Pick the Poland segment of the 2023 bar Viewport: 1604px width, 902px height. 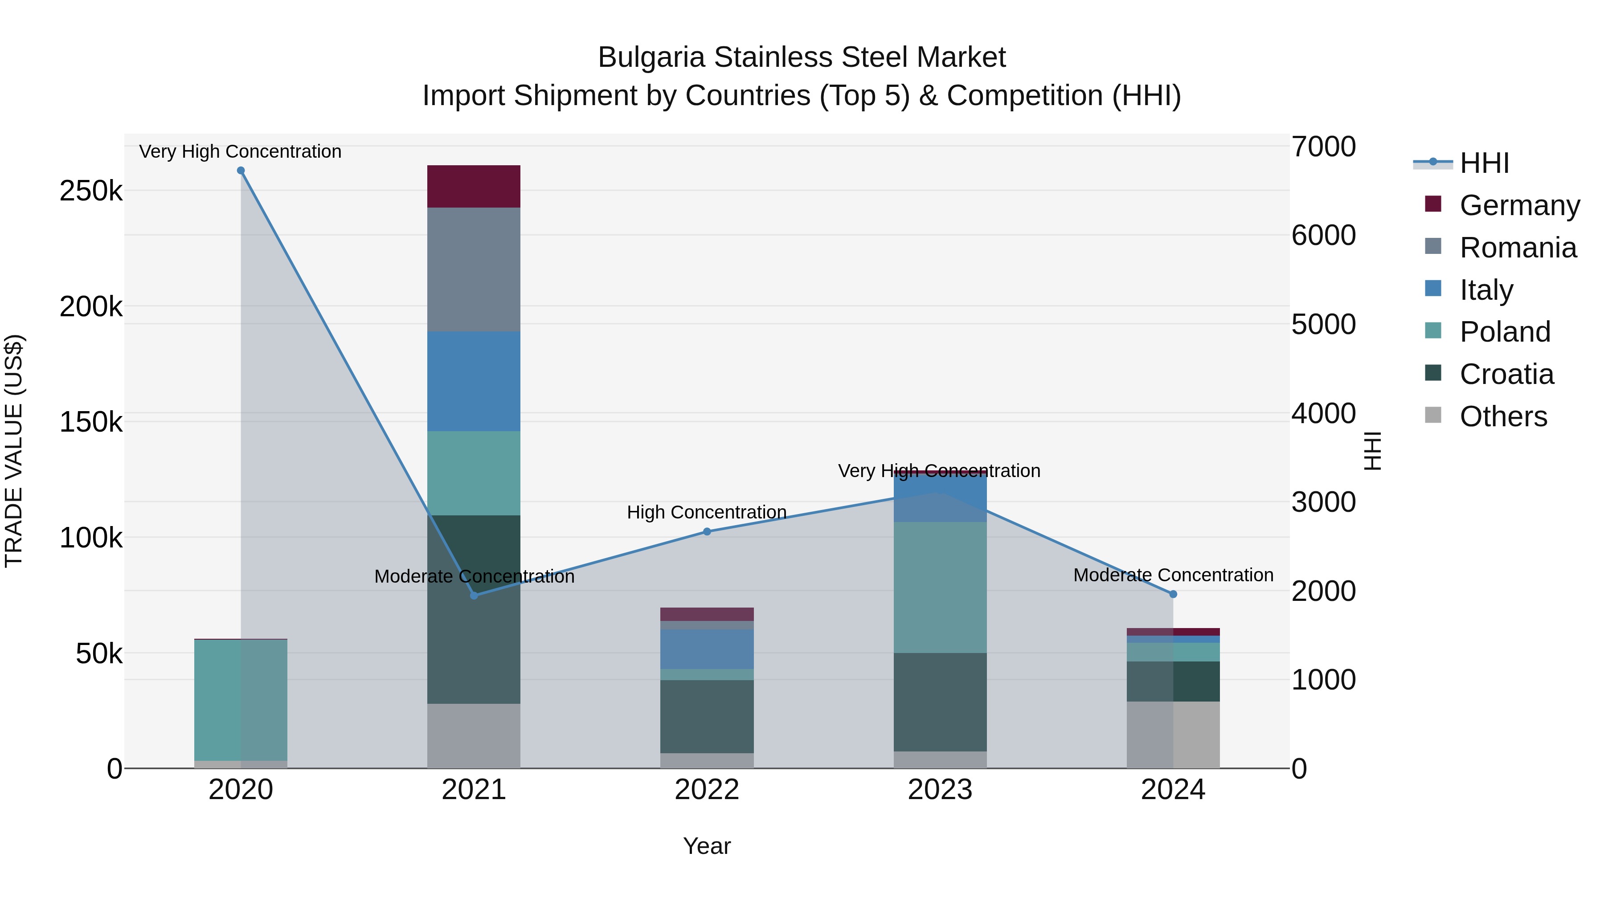(x=940, y=587)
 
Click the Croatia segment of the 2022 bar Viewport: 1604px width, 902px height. (x=707, y=717)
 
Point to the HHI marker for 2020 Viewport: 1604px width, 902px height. (x=241, y=171)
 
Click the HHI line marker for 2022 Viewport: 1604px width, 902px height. (x=707, y=531)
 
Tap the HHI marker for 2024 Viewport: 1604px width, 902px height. (x=1173, y=595)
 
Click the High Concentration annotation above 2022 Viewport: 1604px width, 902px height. (x=707, y=512)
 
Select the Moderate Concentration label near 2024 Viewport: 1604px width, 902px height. (x=1173, y=575)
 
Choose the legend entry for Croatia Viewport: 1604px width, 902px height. (x=1506, y=374)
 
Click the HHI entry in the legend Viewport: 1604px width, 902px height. (x=1484, y=163)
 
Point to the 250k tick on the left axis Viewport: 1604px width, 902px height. (x=91, y=191)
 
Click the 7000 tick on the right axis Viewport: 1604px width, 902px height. (x=1323, y=147)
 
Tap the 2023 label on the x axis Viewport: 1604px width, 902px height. (x=940, y=790)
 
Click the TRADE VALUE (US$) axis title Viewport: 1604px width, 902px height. (x=14, y=451)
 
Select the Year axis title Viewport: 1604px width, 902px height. (x=707, y=846)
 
